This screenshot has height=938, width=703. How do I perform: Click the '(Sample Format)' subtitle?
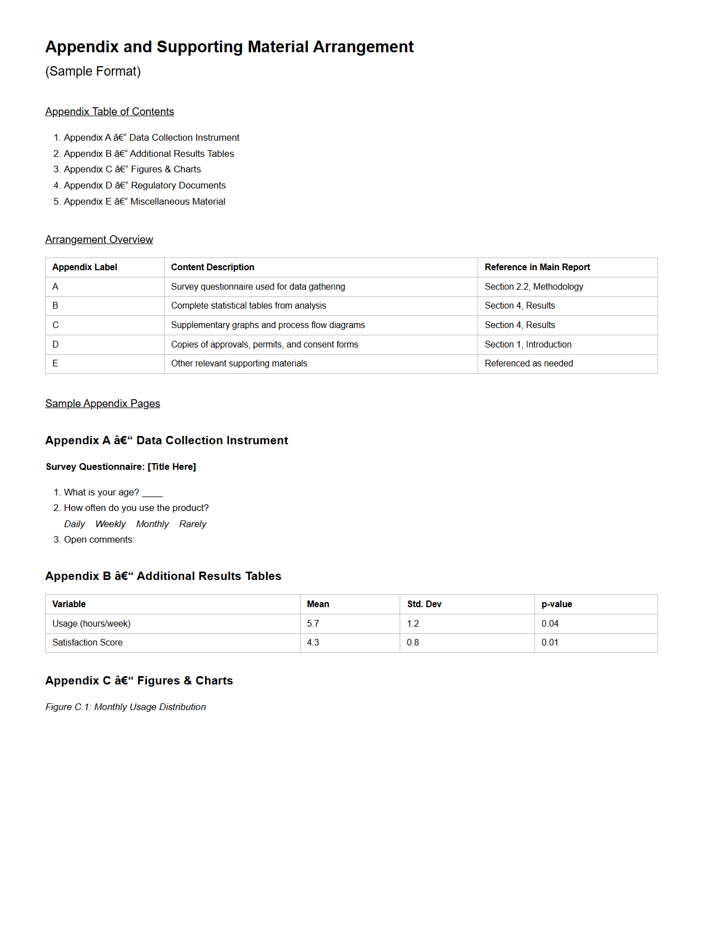click(x=93, y=72)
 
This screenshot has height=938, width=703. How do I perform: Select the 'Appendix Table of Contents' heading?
click(x=110, y=112)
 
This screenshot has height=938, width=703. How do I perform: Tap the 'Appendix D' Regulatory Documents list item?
click(x=145, y=186)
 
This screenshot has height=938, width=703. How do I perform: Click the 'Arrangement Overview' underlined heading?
click(x=99, y=240)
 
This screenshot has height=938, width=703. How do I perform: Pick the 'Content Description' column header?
click(x=213, y=267)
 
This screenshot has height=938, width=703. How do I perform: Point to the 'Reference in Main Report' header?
click(x=537, y=267)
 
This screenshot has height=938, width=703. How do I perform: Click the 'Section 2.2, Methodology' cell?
click(x=534, y=287)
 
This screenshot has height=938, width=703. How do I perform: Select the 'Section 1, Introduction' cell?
click(x=528, y=345)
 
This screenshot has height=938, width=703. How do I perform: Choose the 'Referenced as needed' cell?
click(x=529, y=364)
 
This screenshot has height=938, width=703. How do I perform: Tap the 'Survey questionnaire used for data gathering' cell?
click(x=258, y=287)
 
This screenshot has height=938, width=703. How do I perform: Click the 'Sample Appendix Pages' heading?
click(x=102, y=404)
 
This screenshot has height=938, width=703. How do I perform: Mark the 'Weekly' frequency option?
click(x=110, y=524)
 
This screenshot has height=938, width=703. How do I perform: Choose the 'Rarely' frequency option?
click(x=193, y=524)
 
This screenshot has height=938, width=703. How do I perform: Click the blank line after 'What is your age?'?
click(x=152, y=493)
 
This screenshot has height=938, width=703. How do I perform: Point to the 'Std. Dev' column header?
click(x=424, y=604)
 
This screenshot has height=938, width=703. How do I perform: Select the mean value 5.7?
click(x=313, y=624)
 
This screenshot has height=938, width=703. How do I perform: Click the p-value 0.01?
click(x=550, y=643)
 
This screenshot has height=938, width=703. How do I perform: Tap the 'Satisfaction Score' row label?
click(x=87, y=643)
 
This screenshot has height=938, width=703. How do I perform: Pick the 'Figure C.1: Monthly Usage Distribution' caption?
click(x=126, y=707)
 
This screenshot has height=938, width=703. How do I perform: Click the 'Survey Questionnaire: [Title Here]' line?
click(x=121, y=467)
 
